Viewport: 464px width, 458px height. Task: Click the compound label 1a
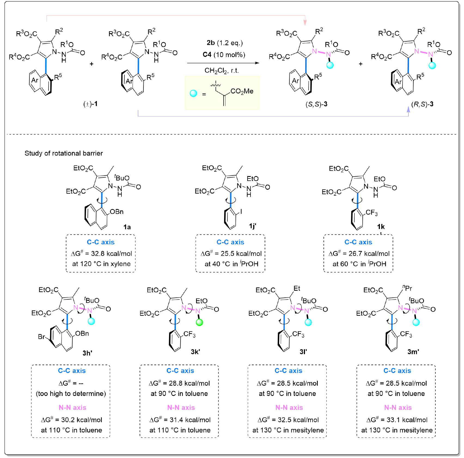(127, 227)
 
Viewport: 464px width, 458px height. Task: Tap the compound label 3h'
(87, 353)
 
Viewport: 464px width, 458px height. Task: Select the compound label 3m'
(413, 352)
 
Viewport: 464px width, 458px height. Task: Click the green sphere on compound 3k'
(199, 323)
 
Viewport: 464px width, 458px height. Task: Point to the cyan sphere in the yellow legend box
(193, 94)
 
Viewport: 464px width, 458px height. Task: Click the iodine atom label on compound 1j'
(241, 211)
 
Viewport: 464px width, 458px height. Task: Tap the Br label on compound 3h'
(41, 337)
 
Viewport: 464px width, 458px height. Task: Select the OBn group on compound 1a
(117, 212)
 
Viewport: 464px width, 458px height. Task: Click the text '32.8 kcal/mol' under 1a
(111, 254)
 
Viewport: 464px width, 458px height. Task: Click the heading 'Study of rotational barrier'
(64, 153)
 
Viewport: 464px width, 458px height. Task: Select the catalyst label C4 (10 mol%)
(224, 55)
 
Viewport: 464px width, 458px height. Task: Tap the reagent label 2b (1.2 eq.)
(225, 43)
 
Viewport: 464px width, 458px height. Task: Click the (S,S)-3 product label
(316, 104)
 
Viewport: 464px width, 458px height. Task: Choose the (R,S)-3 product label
(422, 104)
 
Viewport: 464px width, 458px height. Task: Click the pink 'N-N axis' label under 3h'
(72, 407)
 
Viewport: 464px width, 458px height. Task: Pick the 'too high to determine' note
(71, 394)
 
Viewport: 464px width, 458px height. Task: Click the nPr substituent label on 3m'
(407, 288)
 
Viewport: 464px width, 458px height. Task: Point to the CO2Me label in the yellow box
(242, 91)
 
